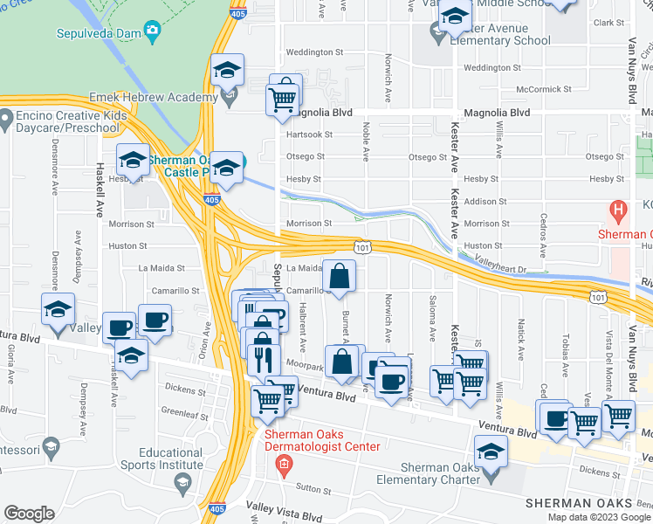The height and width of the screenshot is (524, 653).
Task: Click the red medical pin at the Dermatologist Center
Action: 282,463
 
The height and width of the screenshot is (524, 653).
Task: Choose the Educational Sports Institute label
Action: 171,459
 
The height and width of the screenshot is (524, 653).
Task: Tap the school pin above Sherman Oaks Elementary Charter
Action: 491,452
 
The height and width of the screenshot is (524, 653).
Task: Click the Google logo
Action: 29,514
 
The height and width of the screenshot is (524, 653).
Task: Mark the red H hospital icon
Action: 618,211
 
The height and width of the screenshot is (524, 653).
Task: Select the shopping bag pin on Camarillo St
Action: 339,278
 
